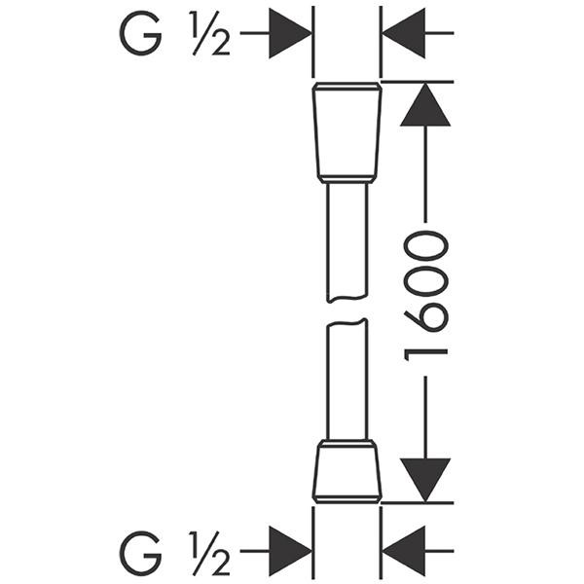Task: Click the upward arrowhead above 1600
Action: click(425, 105)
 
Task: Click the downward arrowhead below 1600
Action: click(425, 479)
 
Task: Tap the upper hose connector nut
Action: click(347, 131)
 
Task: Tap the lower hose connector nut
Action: click(347, 471)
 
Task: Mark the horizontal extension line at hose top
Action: click(419, 82)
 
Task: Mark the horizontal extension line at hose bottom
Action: click(419, 502)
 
